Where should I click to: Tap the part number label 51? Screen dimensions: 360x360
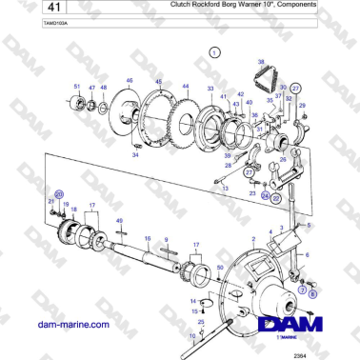tap(77, 87)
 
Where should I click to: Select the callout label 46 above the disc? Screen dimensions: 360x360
tap(129, 80)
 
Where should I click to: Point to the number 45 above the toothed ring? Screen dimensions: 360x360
tap(158, 81)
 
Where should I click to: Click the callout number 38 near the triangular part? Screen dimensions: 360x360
tap(260, 61)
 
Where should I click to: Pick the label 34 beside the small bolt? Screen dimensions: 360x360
tap(136, 154)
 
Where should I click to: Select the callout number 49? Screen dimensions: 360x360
tap(119, 221)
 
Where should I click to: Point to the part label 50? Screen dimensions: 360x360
tap(220, 270)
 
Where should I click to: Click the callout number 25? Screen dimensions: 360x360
tap(201, 323)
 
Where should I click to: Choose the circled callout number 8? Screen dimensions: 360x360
tap(311, 295)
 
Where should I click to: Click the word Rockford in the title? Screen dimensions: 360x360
tap(214, 5)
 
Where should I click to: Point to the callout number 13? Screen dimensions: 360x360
tap(226, 189)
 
